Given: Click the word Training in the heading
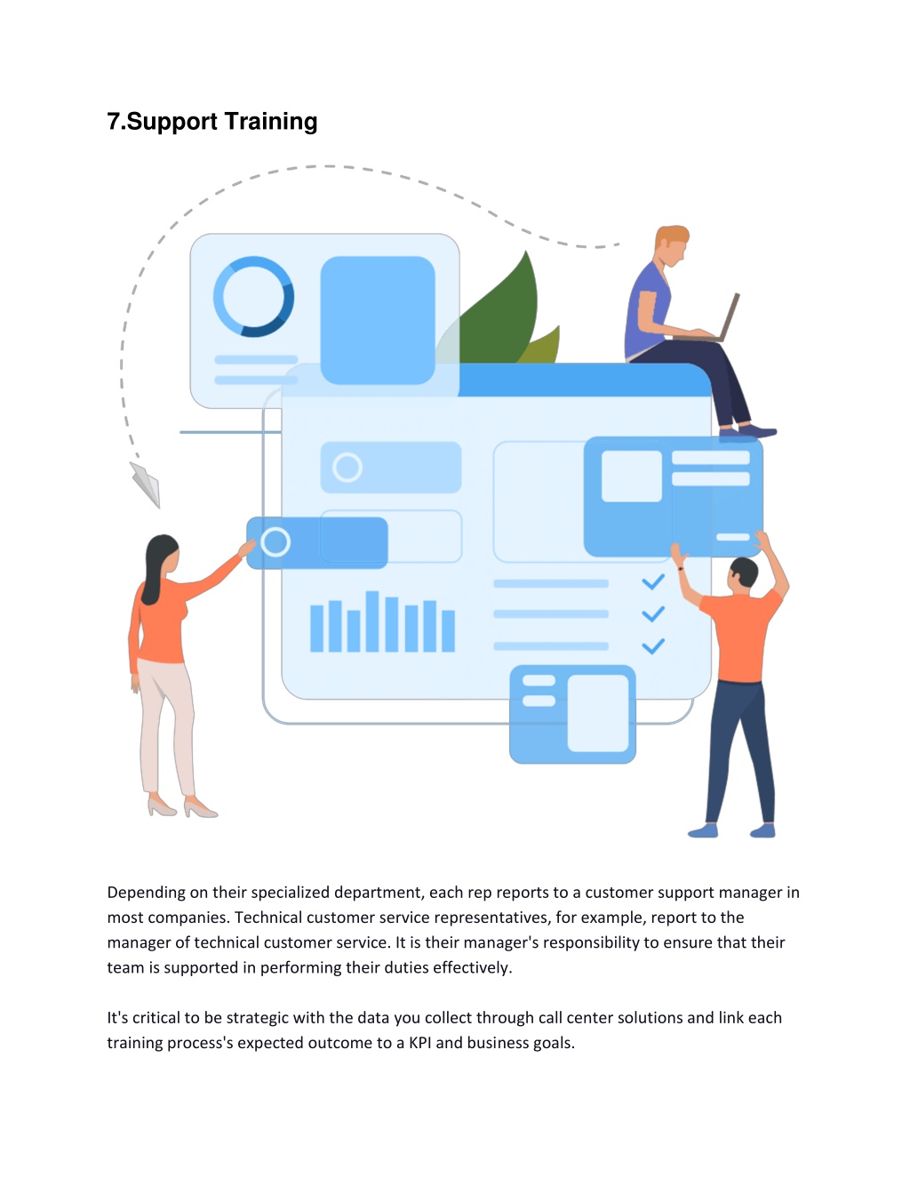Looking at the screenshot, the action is click(x=271, y=122).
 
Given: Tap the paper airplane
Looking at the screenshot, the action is click(x=146, y=485).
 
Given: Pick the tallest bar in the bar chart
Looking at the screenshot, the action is click(x=372, y=621).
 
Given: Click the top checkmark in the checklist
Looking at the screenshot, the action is click(x=653, y=582).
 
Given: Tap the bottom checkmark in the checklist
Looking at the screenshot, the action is click(x=653, y=646).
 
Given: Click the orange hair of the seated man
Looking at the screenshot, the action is click(x=672, y=236).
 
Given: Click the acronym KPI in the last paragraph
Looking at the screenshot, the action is click(x=419, y=1043).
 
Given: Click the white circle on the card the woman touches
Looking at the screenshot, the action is click(x=275, y=542).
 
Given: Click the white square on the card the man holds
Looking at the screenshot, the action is click(x=632, y=476).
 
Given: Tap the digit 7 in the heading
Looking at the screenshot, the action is click(x=113, y=122).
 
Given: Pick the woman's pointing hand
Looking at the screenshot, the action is click(x=247, y=547).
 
